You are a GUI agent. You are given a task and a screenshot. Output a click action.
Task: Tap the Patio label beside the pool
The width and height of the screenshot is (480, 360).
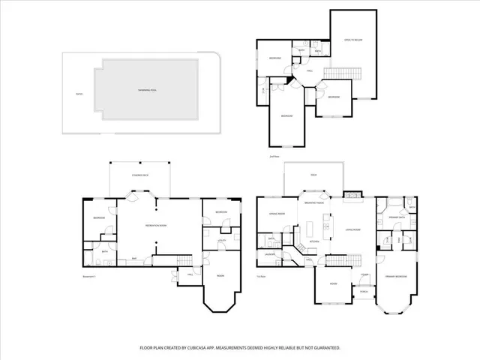[x=78, y=94]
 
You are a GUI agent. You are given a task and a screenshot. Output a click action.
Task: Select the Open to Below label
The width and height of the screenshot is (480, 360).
[x=352, y=40]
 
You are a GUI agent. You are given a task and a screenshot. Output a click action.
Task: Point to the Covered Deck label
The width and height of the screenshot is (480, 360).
[x=139, y=174]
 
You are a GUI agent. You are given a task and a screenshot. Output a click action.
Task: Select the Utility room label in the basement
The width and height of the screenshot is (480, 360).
[x=222, y=240]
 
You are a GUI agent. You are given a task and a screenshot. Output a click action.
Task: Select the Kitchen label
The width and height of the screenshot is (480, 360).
[x=315, y=241]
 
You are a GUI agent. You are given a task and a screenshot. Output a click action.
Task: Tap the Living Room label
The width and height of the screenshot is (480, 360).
[x=352, y=230]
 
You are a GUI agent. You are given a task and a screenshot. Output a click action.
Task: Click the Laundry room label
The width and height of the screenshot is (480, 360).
[x=268, y=255]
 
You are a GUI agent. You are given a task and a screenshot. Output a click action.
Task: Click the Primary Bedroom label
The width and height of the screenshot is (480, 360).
[x=396, y=277]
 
